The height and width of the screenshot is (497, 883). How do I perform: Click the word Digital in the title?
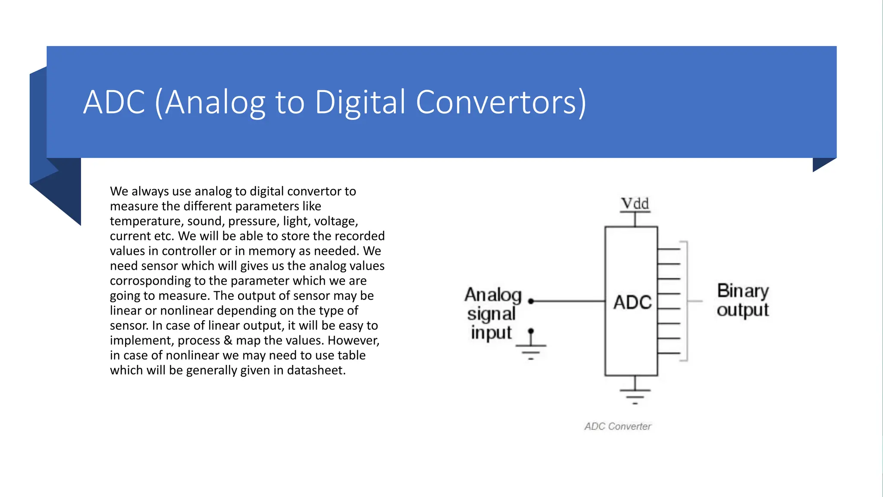(x=360, y=103)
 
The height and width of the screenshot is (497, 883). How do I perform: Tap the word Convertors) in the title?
(x=501, y=103)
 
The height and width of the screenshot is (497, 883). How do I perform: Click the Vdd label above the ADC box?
(x=635, y=203)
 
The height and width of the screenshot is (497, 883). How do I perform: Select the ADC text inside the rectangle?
(x=632, y=302)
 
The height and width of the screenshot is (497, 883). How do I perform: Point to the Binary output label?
(x=742, y=300)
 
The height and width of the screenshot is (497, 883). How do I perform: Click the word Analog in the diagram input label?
(x=493, y=295)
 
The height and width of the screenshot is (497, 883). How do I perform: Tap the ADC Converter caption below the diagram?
(x=617, y=426)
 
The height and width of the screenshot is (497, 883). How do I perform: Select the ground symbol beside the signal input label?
(x=531, y=349)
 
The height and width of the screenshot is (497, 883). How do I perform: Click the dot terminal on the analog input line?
(x=531, y=301)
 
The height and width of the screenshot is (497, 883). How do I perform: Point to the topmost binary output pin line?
(x=669, y=249)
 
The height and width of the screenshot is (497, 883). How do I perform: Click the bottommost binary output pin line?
(x=669, y=353)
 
